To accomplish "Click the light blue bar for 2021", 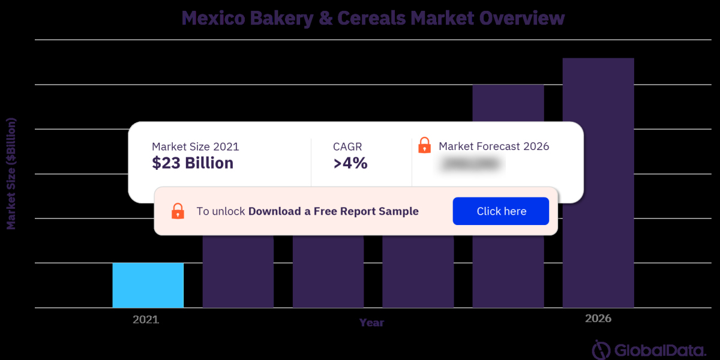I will [148, 285].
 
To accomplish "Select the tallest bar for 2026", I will [598, 180].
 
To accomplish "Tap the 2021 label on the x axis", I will [146, 320].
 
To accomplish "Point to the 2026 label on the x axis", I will [598, 319].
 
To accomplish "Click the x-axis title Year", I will [371, 323].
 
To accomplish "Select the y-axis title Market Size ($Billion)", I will [11, 174].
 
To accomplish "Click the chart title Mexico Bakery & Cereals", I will [373, 18].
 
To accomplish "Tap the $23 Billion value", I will [193, 163].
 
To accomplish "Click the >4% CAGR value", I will [350, 163].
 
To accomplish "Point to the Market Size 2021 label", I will [195, 146].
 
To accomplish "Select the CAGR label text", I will [347, 146].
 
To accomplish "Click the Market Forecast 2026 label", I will [494, 146].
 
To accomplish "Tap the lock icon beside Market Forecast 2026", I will [424, 145].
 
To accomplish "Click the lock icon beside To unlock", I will [178, 211].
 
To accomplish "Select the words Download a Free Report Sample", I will [334, 211].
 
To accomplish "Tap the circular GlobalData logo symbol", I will [601, 350].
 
